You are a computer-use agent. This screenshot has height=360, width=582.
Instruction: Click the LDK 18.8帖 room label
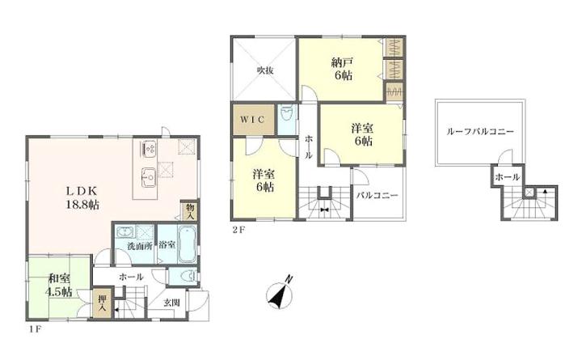[82, 197]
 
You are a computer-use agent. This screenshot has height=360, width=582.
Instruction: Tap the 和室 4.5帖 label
[59, 285]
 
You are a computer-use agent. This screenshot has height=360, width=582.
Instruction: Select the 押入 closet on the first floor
[102, 303]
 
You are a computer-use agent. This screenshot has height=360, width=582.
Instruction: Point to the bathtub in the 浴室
[187, 244]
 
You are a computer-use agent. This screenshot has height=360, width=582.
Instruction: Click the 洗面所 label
[140, 246]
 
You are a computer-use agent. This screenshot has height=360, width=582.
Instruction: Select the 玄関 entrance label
[171, 303]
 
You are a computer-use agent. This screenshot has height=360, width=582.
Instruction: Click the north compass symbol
[280, 294]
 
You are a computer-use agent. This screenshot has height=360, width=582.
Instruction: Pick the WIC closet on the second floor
[254, 120]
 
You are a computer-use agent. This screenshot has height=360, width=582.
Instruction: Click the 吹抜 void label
[265, 70]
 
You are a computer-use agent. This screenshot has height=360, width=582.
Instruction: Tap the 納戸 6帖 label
[342, 69]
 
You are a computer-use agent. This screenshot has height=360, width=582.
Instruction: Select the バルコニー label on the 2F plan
[377, 196]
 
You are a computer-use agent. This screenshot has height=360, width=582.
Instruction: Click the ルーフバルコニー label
[480, 132]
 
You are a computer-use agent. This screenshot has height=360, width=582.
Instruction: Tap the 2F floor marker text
[239, 229]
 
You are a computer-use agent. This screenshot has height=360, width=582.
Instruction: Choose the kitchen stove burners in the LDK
[150, 149]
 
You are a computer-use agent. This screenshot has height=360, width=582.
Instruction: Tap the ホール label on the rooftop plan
[507, 177]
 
